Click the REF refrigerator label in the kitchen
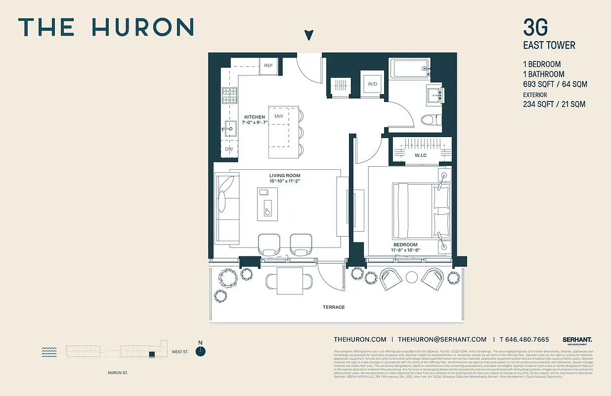tap(268, 66)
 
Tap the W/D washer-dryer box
tap(372, 84)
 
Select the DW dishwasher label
tap(229, 149)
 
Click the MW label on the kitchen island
tap(279, 116)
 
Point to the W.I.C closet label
tap(421, 156)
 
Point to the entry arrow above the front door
tap(309, 35)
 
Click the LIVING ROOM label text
tap(285, 176)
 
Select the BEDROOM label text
tap(405, 245)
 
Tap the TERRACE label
tap(334, 307)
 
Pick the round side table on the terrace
tap(412, 278)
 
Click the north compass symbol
tap(200, 351)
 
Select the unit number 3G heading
tap(535, 27)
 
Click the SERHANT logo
tap(577, 340)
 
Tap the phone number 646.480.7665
tap(527, 340)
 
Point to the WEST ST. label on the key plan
tap(180, 352)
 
